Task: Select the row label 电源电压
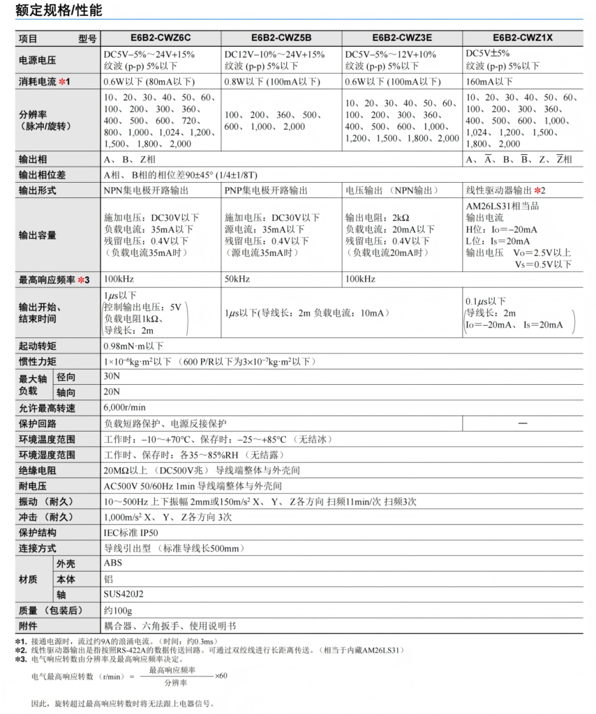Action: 38,61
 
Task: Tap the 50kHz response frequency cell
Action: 237,279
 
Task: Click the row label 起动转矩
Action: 38,346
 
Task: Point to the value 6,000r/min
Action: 125,408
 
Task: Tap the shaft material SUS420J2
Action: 124,595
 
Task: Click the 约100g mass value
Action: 118,610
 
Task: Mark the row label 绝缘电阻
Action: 38,471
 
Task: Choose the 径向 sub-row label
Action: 66,377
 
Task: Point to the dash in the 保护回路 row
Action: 522,424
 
